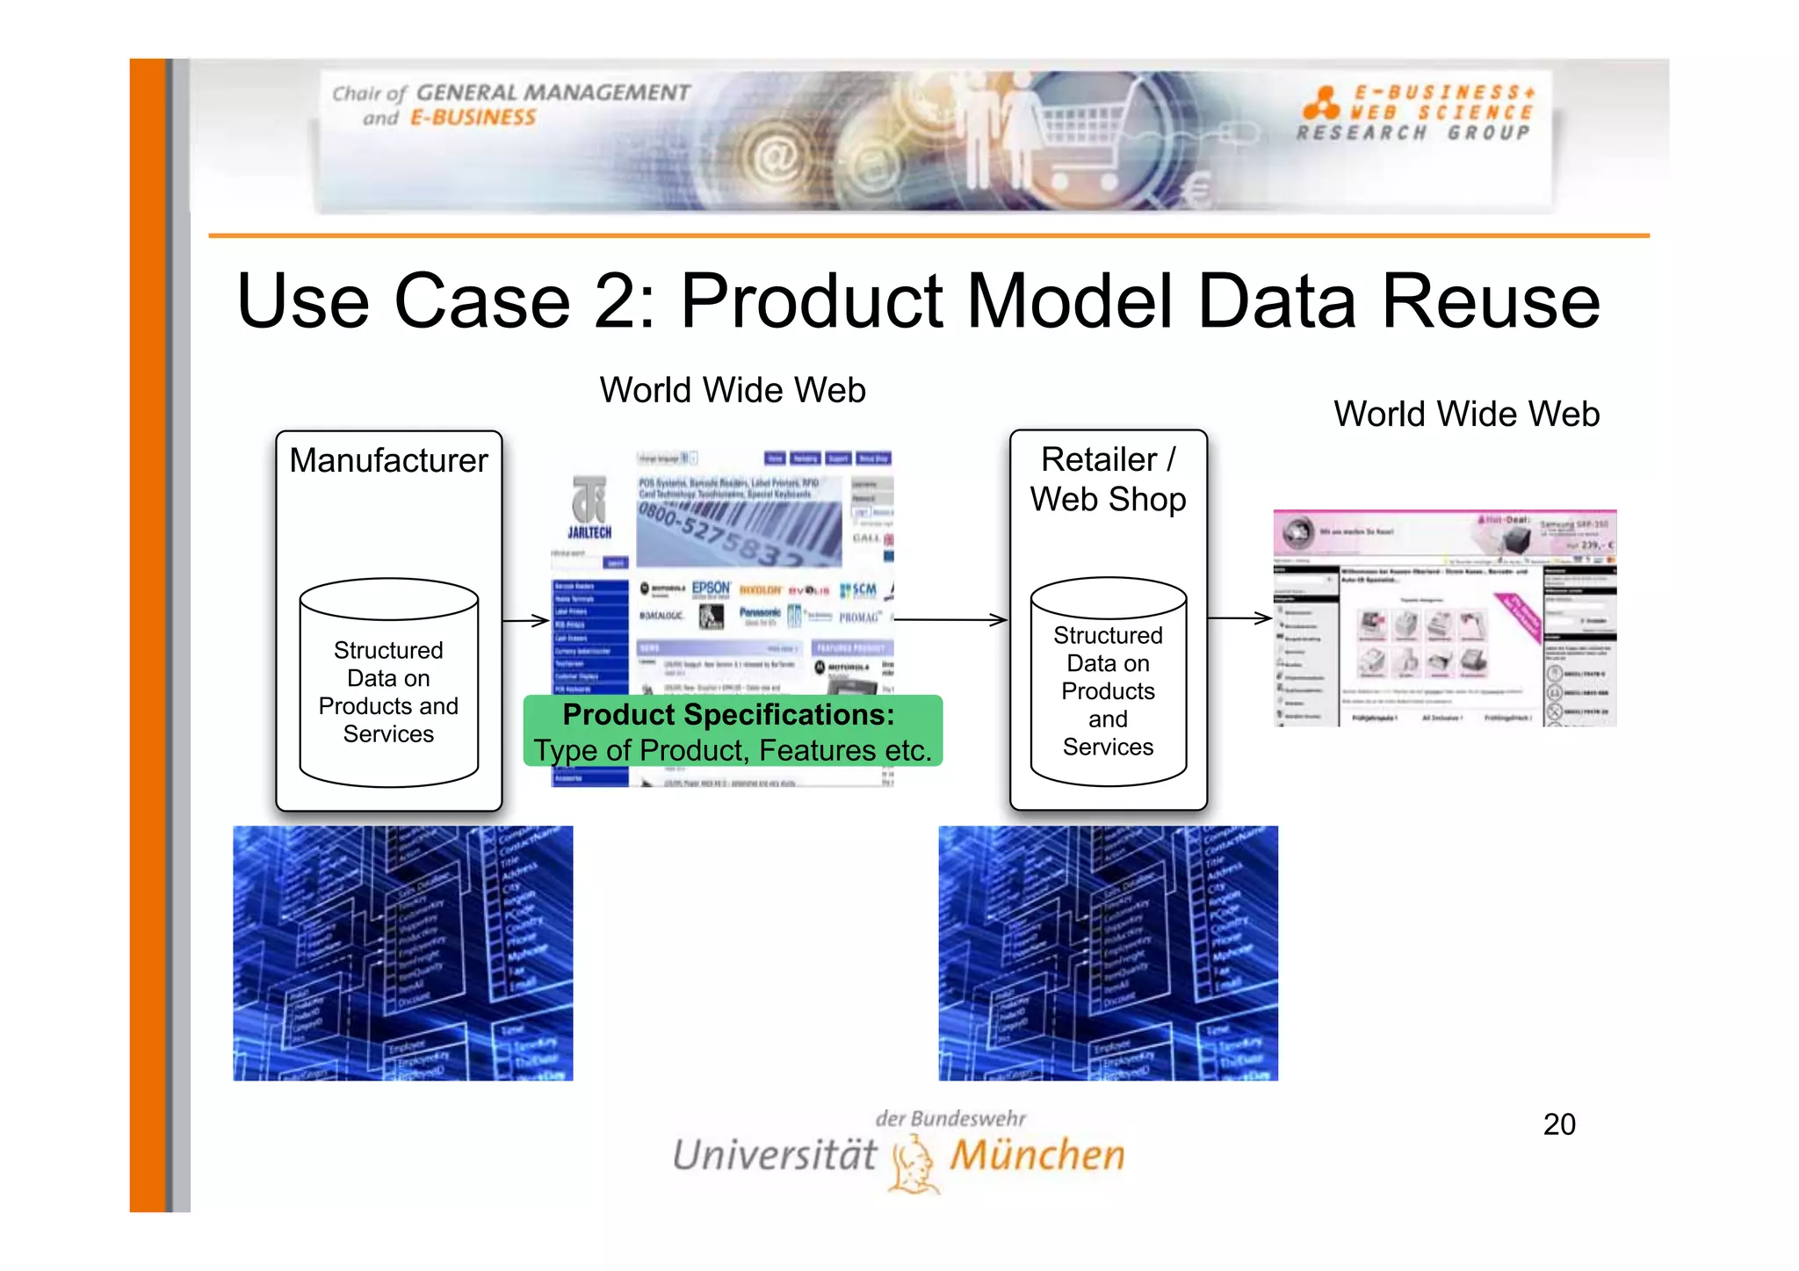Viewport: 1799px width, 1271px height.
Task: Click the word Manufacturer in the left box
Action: point(388,460)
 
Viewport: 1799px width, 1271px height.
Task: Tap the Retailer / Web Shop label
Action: point(1108,479)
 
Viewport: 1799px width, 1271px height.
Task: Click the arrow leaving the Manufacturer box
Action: point(526,621)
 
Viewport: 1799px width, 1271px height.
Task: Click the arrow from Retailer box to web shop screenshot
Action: point(1239,618)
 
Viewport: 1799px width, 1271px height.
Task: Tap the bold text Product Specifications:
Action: point(728,715)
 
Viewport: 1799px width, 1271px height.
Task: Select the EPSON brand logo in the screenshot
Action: point(711,588)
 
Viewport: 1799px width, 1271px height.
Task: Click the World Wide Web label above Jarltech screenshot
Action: point(732,390)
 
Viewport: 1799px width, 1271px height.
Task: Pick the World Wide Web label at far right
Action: point(1466,414)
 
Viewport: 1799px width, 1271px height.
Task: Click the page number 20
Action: point(1559,1124)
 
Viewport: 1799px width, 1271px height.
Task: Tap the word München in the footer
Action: point(1037,1155)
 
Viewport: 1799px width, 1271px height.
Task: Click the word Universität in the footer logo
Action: point(775,1155)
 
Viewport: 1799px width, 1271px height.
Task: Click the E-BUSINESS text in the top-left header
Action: point(473,118)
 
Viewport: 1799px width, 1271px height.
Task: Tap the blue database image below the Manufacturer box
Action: point(402,953)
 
